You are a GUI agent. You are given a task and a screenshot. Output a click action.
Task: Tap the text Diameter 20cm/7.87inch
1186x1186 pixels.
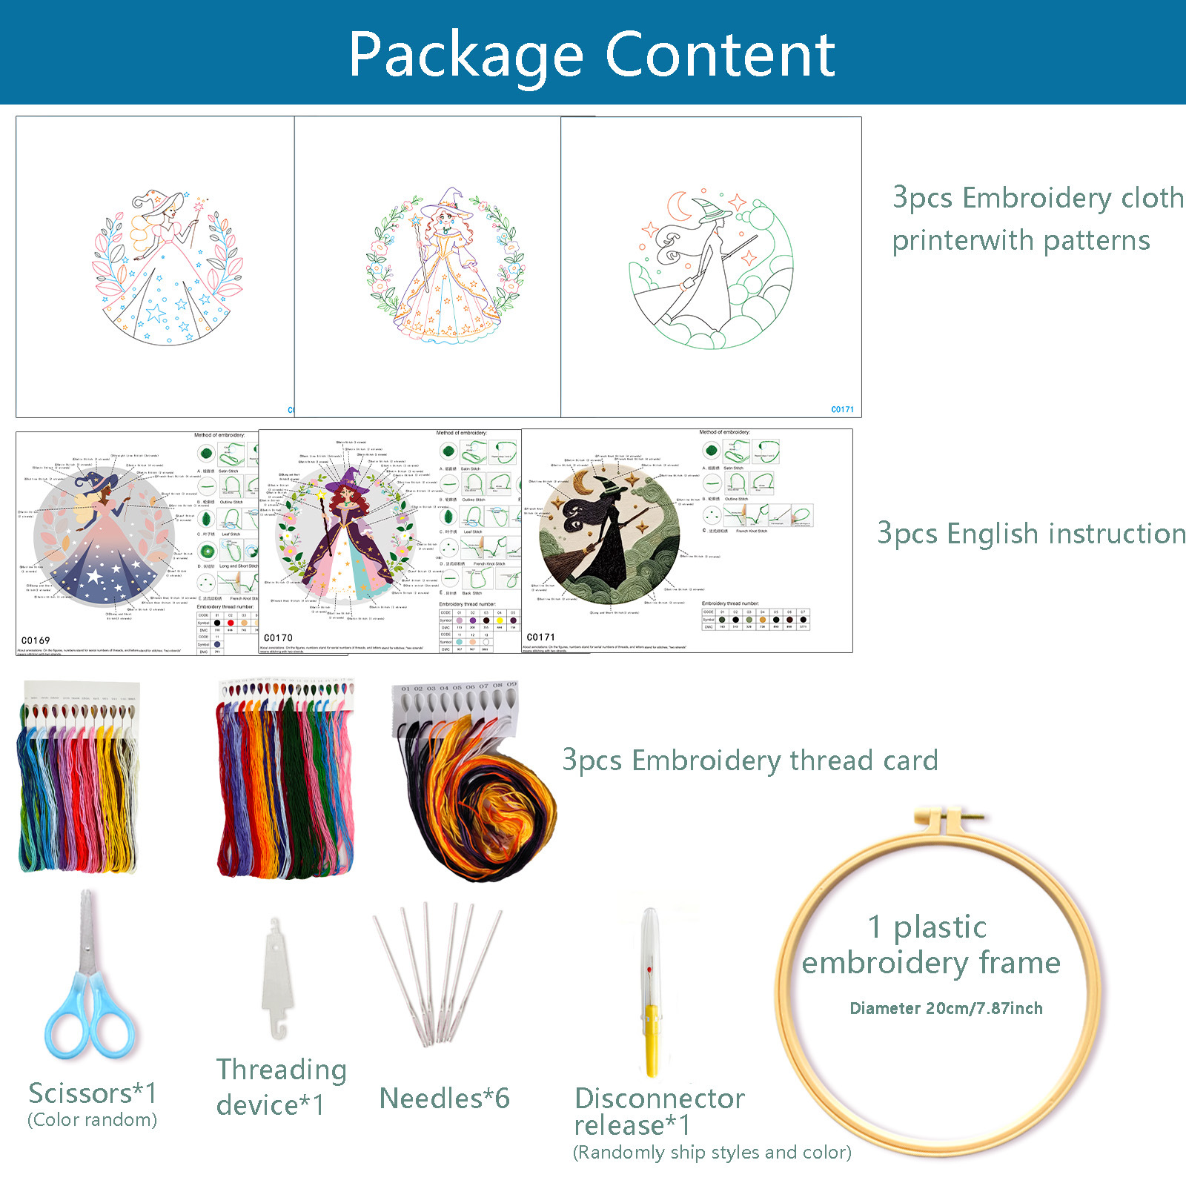pos(946,1008)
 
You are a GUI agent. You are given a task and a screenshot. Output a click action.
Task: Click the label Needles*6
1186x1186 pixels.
pos(444,1099)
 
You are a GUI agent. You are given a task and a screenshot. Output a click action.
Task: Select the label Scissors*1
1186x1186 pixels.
pos(93,1093)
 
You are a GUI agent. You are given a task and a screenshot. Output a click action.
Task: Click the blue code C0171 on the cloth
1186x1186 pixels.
pos(842,409)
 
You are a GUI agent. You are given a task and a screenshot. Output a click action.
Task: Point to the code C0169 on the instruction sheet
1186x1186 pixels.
pos(36,640)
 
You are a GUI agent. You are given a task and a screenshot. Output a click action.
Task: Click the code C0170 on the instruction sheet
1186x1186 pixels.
pos(278,638)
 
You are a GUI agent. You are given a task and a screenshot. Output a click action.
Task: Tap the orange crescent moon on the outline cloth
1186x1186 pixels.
pos(678,207)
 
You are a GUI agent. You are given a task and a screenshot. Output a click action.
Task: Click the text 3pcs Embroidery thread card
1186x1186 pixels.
pos(750,761)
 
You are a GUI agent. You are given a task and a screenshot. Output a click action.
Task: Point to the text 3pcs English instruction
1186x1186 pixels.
pos(1030,534)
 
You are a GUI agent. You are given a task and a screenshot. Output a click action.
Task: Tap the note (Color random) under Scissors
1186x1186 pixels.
pos(93,1119)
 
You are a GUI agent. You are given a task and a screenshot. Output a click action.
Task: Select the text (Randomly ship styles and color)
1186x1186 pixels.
pos(712,1153)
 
